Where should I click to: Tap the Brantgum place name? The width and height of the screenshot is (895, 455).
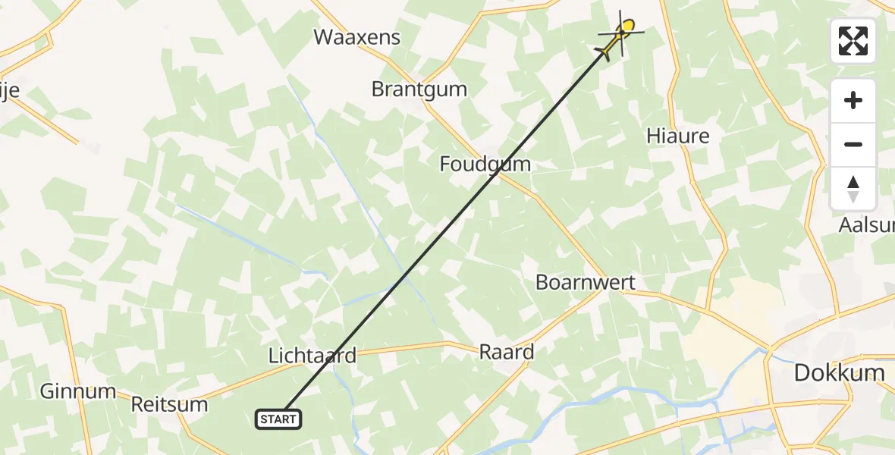click(419, 89)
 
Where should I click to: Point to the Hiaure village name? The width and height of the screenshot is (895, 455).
click(677, 136)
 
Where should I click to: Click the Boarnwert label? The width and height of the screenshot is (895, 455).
click(585, 283)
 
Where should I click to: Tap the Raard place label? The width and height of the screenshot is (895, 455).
click(507, 352)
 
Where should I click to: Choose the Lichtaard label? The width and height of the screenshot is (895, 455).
click(312, 356)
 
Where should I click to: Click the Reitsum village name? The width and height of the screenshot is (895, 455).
click(169, 403)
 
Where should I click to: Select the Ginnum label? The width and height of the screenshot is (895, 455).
click(77, 391)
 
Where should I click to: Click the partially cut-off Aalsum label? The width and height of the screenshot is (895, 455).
click(866, 225)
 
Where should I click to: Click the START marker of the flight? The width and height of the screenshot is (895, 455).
click(279, 419)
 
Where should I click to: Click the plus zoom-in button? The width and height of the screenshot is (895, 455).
click(853, 101)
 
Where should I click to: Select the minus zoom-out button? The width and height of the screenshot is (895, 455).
click(853, 144)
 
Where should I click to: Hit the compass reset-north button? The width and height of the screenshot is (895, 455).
click(853, 188)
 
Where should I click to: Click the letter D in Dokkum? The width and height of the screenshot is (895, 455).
click(802, 372)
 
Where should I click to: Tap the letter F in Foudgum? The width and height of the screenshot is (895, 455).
click(445, 164)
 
